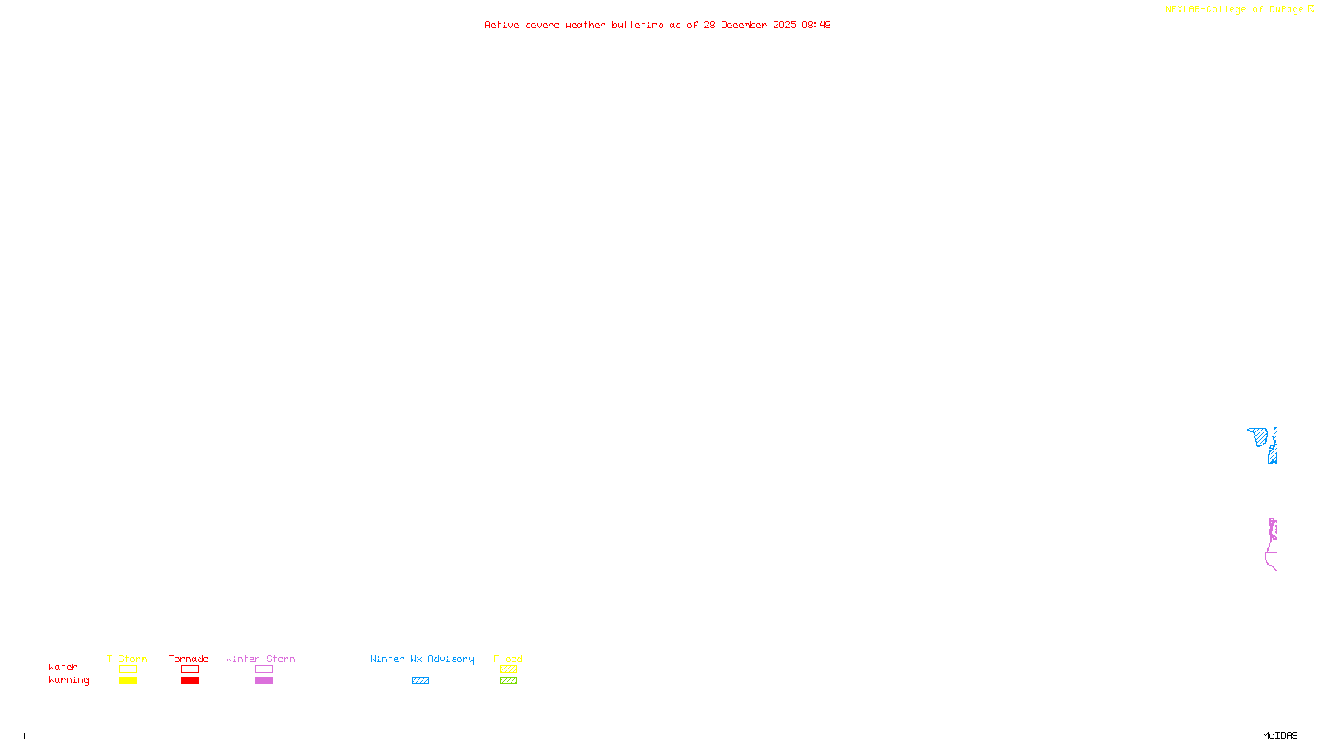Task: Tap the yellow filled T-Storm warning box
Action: (x=128, y=680)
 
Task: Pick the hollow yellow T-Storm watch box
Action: (x=128, y=669)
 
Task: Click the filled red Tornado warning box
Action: (x=189, y=680)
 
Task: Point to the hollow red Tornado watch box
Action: (x=189, y=669)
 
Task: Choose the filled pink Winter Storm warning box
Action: (x=264, y=680)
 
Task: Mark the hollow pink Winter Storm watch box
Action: (x=264, y=669)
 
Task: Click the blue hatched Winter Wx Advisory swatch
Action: (x=420, y=680)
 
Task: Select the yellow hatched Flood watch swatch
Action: (x=508, y=669)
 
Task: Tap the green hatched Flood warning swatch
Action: (x=508, y=680)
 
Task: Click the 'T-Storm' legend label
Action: (x=127, y=659)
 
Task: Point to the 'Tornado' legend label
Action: (x=189, y=659)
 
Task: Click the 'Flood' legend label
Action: (x=508, y=659)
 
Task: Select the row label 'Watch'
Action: (x=63, y=667)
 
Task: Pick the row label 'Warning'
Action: (x=68, y=680)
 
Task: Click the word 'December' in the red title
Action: (x=744, y=25)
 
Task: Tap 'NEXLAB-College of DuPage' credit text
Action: (x=1234, y=9)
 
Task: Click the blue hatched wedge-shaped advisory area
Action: (x=1259, y=436)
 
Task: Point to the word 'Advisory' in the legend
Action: (x=451, y=659)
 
